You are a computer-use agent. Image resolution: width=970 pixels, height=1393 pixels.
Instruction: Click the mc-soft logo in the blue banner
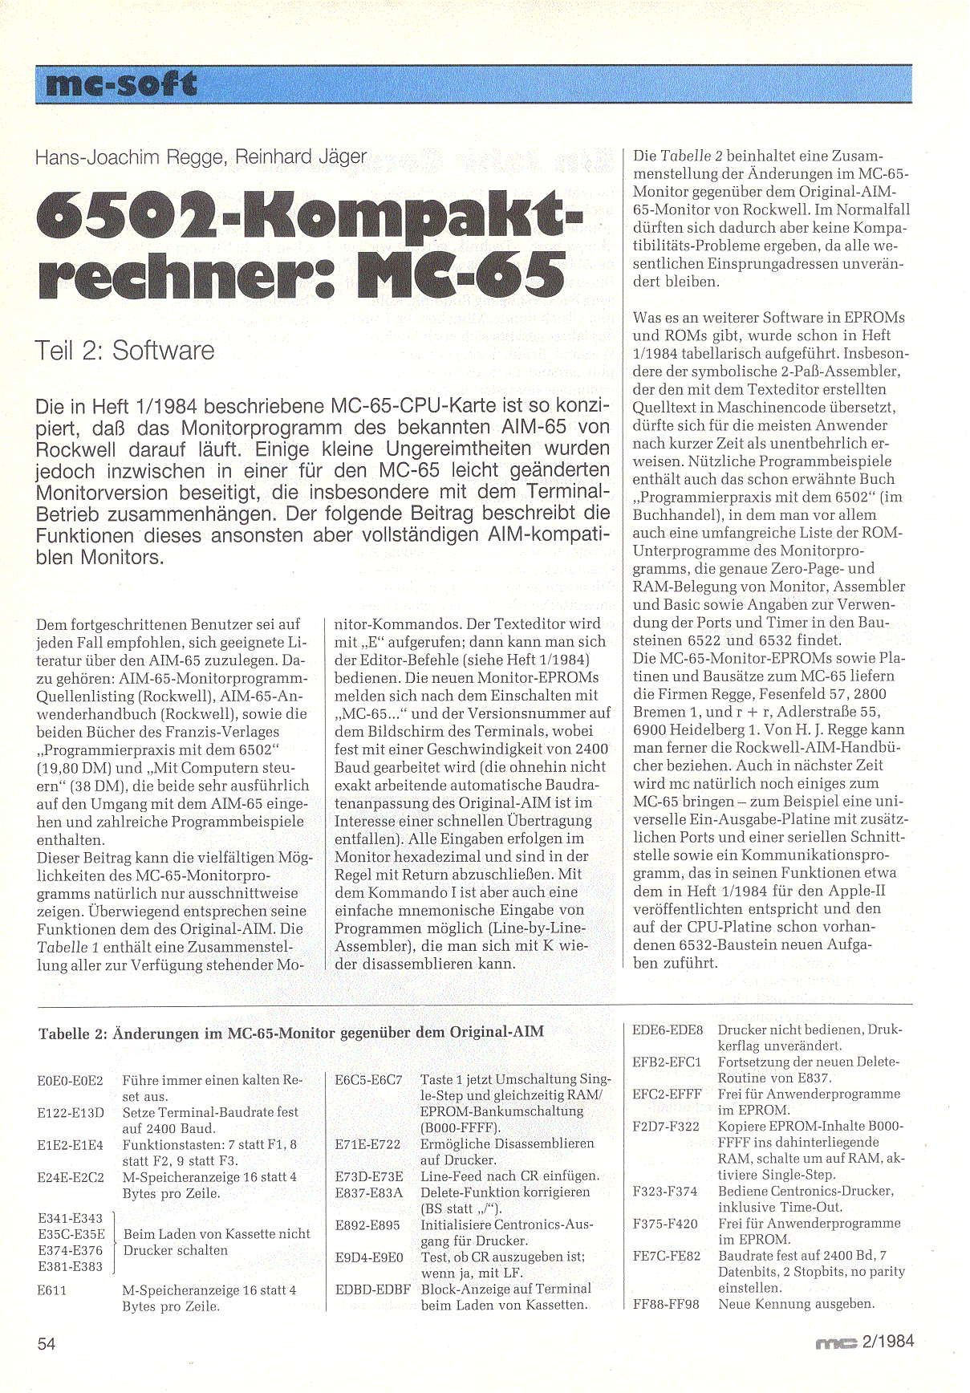(x=121, y=84)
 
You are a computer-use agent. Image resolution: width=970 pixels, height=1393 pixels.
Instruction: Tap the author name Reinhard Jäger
(x=301, y=156)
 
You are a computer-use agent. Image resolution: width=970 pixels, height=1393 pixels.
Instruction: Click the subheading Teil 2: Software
(x=124, y=351)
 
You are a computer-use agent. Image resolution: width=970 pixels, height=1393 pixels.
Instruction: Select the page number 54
(x=47, y=1343)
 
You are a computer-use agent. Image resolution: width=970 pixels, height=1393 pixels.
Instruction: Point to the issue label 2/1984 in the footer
(x=887, y=1341)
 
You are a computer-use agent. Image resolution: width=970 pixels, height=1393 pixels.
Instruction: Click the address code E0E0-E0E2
(x=71, y=1081)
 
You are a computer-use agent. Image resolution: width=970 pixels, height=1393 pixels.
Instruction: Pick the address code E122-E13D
(x=71, y=1113)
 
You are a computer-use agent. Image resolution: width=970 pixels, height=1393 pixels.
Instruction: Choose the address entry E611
(x=52, y=1290)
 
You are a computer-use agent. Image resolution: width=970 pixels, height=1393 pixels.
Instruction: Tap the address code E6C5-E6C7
(x=368, y=1080)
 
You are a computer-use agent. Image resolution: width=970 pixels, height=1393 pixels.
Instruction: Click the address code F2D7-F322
(x=666, y=1127)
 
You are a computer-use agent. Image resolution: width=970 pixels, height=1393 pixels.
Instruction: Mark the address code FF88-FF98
(x=666, y=1305)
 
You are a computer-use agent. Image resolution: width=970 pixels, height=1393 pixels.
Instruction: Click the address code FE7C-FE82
(x=666, y=1256)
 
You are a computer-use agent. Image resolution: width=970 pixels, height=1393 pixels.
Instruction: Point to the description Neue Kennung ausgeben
(x=796, y=1304)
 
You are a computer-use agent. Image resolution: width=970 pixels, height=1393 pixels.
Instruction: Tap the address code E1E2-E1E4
(x=71, y=1145)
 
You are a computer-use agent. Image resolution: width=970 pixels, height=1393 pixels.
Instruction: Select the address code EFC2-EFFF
(x=667, y=1094)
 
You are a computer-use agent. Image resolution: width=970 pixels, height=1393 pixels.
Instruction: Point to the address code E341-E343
(x=71, y=1218)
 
